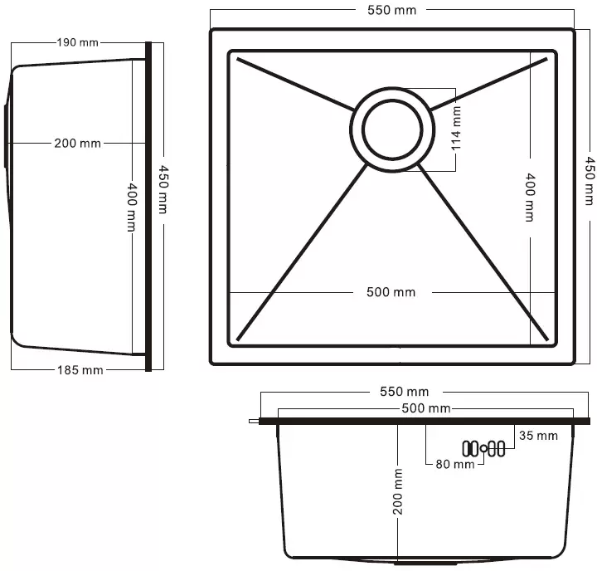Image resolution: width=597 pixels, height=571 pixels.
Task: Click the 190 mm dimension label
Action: [78, 42]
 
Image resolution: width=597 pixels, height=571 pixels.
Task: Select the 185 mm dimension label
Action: [80, 370]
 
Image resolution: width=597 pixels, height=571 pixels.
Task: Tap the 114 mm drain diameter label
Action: [456, 128]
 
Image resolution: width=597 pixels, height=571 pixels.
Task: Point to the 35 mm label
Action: [538, 435]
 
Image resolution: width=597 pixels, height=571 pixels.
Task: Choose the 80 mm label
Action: [455, 464]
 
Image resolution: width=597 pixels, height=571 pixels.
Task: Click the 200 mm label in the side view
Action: [77, 144]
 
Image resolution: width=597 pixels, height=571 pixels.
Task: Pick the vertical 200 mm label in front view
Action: [398, 491]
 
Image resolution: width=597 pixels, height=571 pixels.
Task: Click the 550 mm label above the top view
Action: [391, 10]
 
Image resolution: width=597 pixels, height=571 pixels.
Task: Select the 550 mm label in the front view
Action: [404, 392]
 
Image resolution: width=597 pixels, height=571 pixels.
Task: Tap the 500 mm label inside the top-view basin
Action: [391, 292]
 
